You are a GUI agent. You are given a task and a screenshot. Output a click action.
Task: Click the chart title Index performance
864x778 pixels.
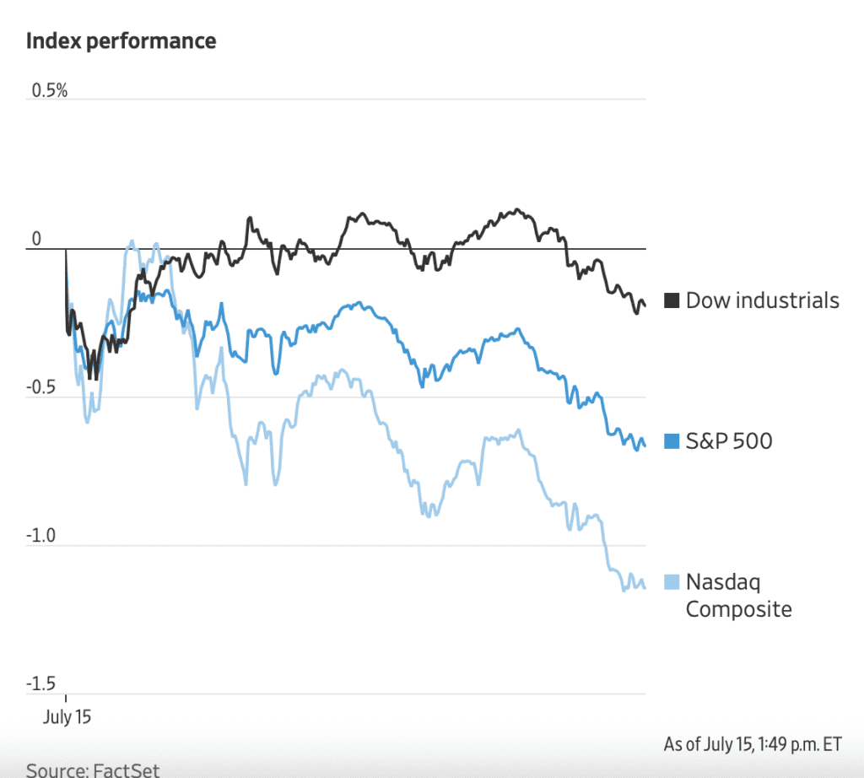[121, 41]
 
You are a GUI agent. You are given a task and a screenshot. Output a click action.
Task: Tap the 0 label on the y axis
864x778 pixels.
[36, 240]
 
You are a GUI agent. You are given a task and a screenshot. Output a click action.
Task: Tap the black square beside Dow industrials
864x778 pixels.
[672, 300]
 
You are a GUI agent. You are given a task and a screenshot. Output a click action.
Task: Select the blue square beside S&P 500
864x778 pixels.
[672, 440]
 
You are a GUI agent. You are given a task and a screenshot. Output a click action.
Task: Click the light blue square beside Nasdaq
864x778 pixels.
[672, 581]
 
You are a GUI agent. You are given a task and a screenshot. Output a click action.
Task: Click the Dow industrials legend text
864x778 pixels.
[762, 300]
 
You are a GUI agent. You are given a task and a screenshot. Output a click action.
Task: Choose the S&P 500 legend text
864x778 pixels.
[728, 440]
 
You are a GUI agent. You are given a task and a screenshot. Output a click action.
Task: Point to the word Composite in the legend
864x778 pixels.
[738, 609]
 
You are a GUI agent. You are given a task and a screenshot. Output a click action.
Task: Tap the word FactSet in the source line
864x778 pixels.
[126, 770]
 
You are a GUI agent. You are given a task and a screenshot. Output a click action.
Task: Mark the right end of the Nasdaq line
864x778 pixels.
[645, 587]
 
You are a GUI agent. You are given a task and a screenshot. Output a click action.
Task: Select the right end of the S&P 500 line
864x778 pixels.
[645, 447]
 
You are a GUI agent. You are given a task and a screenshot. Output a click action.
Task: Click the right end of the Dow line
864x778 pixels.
[645, 305]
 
